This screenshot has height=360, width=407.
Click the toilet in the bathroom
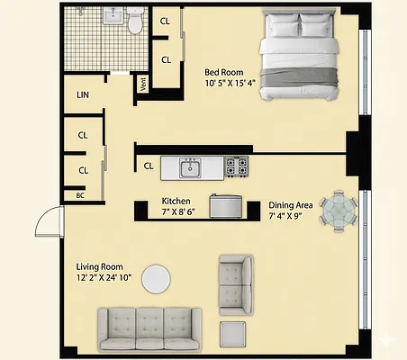[x=136, y=20]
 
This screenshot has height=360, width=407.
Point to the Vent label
[x=142, y=84]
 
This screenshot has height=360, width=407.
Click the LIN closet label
[x=83, y=94]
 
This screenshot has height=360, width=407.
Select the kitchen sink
[x=190, y=166]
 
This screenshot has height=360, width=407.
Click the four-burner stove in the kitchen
[x=237, y=166]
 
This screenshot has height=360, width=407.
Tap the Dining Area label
[x=291, y=205]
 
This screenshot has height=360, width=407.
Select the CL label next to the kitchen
[x=148, y=166]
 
